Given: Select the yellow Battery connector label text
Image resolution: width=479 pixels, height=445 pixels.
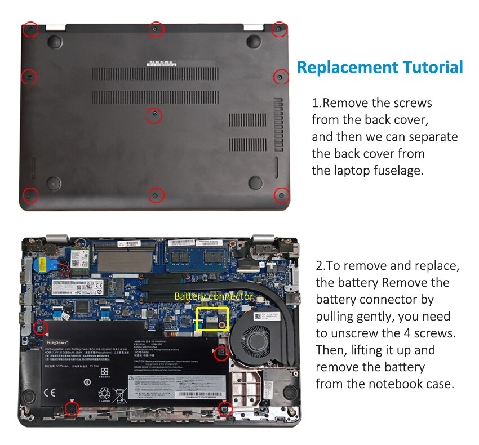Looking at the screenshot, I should click(x=214, y=296).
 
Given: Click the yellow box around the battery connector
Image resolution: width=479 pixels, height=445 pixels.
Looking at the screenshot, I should click(x=211, y=319).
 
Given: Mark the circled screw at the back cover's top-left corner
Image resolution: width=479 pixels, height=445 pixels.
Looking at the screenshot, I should click(x=31, y=29).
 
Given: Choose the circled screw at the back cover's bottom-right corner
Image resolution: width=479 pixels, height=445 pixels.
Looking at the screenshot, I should click(x=281, y=195).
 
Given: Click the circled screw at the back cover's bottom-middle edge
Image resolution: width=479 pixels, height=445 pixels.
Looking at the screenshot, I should click(x=156, y=195).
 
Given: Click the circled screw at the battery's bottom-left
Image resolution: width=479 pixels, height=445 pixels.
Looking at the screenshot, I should click(x=71, y=408).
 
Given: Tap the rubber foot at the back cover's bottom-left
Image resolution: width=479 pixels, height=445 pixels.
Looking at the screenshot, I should click(x=54, y=183).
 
